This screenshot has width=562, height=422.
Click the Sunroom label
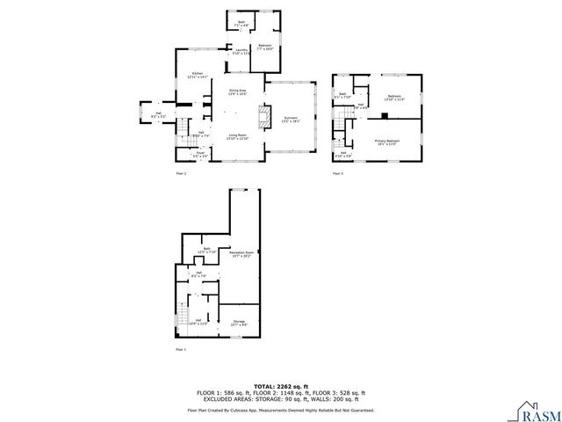coord(292,119)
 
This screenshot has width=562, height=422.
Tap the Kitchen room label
coord(198,76)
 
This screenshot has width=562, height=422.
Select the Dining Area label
coord(237,91)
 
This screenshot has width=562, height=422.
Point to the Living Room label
coord(237,136)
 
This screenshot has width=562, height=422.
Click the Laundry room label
coord(241,52)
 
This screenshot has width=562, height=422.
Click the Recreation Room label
coord(241,254)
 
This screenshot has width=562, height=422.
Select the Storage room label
coord(238,323)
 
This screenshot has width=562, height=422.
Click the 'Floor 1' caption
coord(182,350)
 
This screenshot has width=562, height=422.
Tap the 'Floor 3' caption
coord(337,174)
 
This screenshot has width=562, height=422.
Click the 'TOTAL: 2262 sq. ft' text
coord(280,386)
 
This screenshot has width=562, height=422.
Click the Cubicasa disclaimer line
coord(280,410)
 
